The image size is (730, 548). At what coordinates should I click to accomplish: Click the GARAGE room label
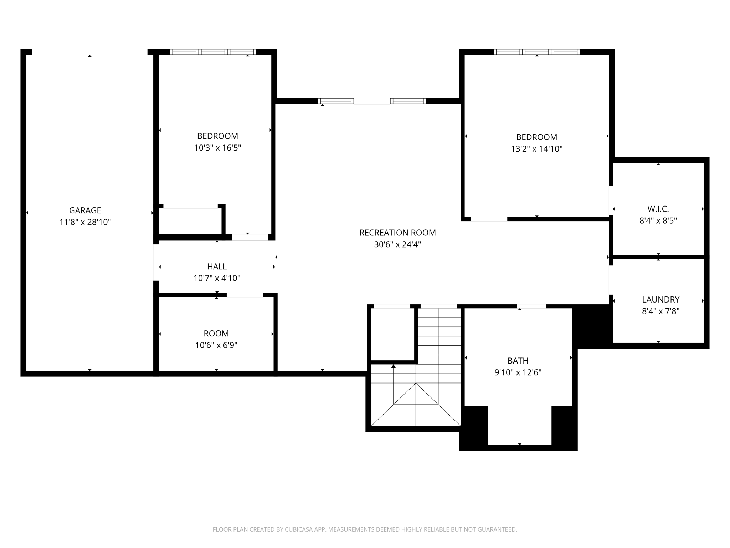(85, 210)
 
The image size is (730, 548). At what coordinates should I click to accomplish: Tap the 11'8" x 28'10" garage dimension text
(85, 222)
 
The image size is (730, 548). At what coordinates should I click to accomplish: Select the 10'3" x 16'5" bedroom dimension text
(217, 148)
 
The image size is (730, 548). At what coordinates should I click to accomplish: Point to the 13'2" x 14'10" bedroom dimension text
(536, 149)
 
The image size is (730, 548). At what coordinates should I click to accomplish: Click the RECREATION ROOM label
(397, 233)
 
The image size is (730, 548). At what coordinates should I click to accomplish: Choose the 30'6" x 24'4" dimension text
(397, 244)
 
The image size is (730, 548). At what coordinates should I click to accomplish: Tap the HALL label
(217, 267)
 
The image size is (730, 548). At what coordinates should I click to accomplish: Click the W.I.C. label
(658, 209)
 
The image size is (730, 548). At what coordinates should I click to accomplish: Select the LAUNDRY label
(660, 300)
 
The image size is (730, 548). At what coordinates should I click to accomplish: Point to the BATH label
(518, 361)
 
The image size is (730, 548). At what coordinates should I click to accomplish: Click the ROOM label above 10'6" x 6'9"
(216, 334)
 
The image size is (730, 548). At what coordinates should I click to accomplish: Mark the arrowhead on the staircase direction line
(394, 366)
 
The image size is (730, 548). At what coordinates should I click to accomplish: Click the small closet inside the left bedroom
(190, 221)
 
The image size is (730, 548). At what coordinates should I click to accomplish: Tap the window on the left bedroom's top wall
(213, 52)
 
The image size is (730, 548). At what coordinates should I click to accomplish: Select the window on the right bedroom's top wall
(536, 52)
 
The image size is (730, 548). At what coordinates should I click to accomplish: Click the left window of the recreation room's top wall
(336, 101)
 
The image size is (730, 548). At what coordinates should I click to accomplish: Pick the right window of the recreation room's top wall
(408, 101)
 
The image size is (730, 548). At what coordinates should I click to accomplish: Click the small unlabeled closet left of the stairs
(392, 334)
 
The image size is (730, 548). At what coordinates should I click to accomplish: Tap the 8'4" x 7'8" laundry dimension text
(660, 311)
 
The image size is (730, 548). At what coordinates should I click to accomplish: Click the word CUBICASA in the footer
(299, 529)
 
